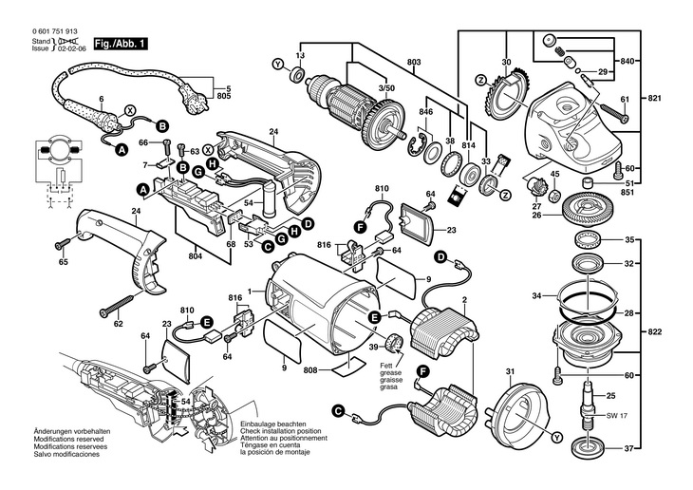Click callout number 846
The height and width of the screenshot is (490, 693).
[x=427, y=111]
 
